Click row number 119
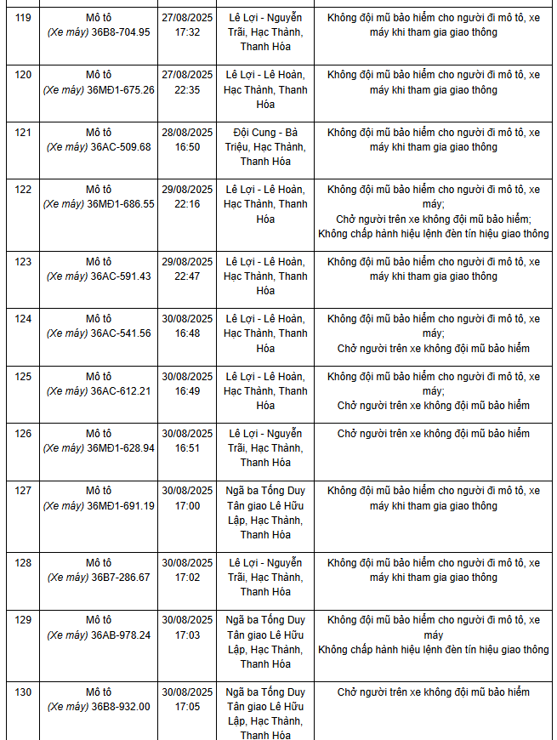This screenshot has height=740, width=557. [23, 17]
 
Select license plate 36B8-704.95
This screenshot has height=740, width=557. [120, 32]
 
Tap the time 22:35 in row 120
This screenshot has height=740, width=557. [187, 90]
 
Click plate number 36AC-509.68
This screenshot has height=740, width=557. [120, 147]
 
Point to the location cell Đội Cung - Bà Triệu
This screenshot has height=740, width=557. [265, 146]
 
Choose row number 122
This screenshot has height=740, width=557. [23, 190]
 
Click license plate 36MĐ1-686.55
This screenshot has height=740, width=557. [121, 204]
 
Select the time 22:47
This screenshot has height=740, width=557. [187, 276]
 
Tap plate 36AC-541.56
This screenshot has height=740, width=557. [120, 333]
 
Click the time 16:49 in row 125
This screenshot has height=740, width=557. [187, 391]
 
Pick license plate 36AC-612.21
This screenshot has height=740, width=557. [120, 391]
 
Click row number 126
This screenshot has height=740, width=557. [23, 434]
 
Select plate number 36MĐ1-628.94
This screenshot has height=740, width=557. [121, 448]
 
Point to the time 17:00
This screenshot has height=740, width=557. [187, 506]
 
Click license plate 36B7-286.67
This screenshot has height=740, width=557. [120, 578]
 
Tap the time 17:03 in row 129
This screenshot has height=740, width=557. [187, 635]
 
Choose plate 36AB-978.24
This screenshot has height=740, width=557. [120, 635]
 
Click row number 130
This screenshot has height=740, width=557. [23, 692]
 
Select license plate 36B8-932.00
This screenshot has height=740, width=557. [120, 707]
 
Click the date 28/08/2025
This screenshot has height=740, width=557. [187, 133]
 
